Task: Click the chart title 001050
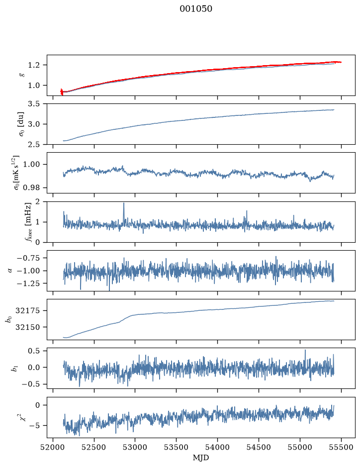(195, 9)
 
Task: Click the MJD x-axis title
(201, 458)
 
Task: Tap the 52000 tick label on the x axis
(53, 447)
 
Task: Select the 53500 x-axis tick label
(177, 447)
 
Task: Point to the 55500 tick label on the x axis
(341, 447)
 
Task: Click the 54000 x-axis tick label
(217, 447)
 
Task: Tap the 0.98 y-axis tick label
(33, 187)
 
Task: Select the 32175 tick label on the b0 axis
(27, 311)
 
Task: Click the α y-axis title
(10, 271)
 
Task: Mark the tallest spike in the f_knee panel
(124, 203)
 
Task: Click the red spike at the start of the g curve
(62, 92)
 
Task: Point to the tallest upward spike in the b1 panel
(305, 350)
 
